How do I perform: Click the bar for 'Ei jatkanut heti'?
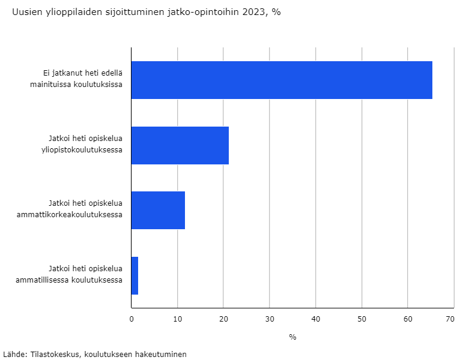coord(281,80)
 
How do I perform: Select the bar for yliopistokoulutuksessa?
coord(180,145)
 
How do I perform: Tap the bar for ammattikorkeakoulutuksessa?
coord(158,210)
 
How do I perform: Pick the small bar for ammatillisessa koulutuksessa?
coord(135,275)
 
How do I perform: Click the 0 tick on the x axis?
coord(132,319)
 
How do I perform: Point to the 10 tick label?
coord(177,319)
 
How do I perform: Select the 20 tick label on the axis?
coord(223,319)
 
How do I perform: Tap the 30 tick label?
coord(270,319)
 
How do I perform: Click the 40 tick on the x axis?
coord(315,319)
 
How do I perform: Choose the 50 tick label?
coord(362,319)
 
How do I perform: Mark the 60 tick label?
coord(408,319)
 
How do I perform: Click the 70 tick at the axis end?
coord(450,319)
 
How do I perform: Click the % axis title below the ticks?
coord(292,337)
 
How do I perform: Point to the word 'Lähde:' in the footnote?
coord(14,354)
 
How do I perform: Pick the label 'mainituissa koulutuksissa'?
coord(76,85)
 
